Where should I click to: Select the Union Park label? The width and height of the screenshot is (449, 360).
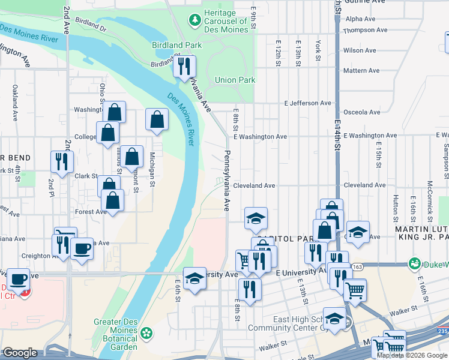coord(235,80)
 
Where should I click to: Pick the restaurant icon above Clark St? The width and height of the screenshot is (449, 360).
coord(62,161)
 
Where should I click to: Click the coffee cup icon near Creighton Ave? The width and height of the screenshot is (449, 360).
coord(82,248)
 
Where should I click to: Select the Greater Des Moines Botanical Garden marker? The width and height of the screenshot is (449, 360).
coord(146,332)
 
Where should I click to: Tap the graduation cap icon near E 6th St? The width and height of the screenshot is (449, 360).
coord(194,278)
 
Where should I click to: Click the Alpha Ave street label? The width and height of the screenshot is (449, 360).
coord(360,19)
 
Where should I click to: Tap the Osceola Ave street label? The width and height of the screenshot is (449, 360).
coord(361,112)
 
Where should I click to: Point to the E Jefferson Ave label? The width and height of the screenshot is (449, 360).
coord(307,103)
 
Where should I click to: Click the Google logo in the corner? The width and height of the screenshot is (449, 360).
coord(20,353)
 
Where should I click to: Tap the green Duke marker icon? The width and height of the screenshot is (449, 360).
coord(414,263)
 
